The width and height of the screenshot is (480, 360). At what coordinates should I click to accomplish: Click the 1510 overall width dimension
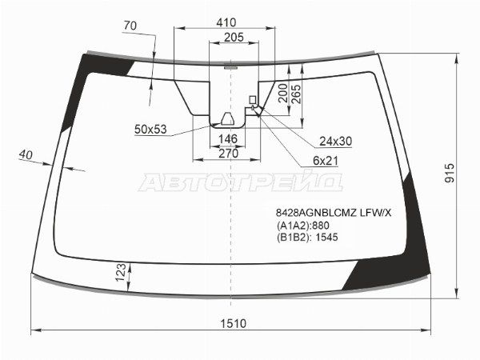(x=234, y=323)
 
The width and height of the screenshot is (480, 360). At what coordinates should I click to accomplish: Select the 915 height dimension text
(x=450, y=174)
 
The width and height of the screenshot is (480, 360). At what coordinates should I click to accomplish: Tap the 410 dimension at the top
(x=226, y=22)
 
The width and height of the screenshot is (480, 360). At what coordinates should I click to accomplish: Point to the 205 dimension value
(x=234, y=38)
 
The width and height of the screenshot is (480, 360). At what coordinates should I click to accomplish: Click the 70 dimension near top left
(x=130, y=26)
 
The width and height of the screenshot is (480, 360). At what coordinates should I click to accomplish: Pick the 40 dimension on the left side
(x=26, y=154)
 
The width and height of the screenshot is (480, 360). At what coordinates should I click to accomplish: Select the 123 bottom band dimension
(x=121, y=272)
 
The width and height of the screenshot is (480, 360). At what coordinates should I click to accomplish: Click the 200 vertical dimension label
(x=282, y=93)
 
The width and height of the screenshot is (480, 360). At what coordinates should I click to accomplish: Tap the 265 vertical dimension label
(x=296, y=94)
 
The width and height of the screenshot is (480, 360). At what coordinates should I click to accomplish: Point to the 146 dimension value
(x=228, y=139)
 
